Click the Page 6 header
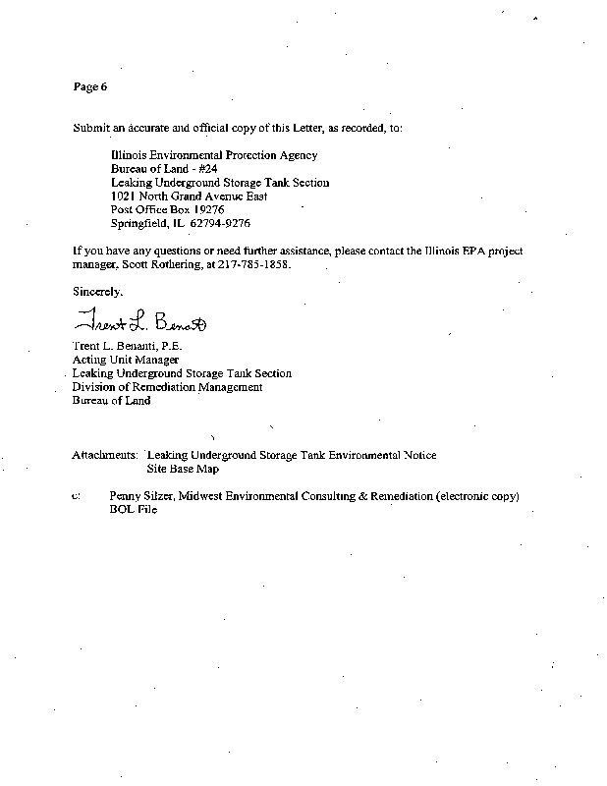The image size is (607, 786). click(x=89, y=87)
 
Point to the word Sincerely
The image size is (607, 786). click(x=98, y=291)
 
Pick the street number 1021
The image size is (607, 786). click(x=125, y=196)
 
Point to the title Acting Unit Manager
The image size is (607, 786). click(x=126, y=361)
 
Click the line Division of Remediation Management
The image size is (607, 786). click(x=167, y=387)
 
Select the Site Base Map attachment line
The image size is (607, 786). click(x=182, y=470)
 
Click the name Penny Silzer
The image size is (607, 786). click(x=142, y=497)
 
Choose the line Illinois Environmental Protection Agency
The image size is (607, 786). click(x=214, y=155)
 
